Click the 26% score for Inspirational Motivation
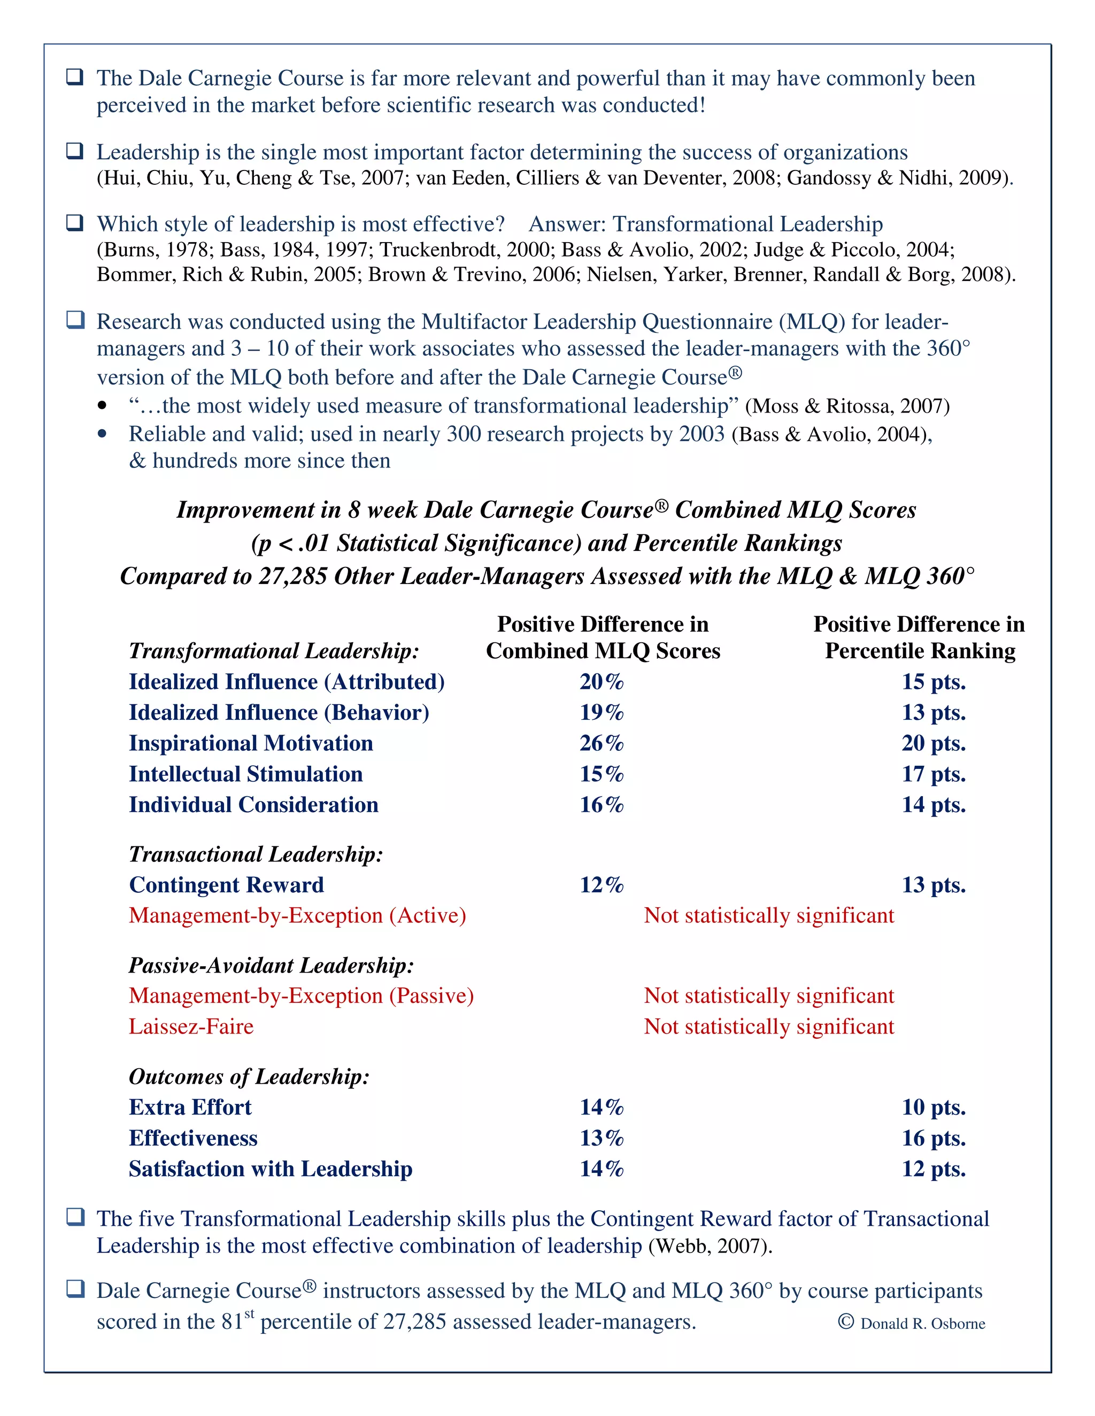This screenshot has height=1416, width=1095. click(x=602, y=743)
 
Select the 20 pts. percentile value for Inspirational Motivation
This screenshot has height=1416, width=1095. click(x=933, y=743)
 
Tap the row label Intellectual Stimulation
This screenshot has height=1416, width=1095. click(x=245, y=774)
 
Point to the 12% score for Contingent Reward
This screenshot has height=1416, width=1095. click(x=602, y=885)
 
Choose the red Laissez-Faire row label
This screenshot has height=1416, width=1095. click(x=191, y=1027)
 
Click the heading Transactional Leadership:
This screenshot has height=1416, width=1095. click(x=256, y=854)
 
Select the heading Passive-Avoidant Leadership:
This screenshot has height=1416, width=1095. click(x=271, y=966)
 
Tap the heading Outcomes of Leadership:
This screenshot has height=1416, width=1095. click(x=249, y=1076)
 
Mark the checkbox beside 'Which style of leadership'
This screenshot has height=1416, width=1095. click(x=75, y=223)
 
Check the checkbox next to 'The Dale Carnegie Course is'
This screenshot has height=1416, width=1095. click(x=75, y=77)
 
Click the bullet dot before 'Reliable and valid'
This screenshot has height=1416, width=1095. click(x=102, y=434)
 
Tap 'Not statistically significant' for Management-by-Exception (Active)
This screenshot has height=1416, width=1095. click(x=768, y=915)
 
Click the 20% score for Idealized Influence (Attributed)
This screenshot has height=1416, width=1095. click(x=602, y=682)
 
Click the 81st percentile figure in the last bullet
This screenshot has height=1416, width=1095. click(x=237, y=1321)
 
